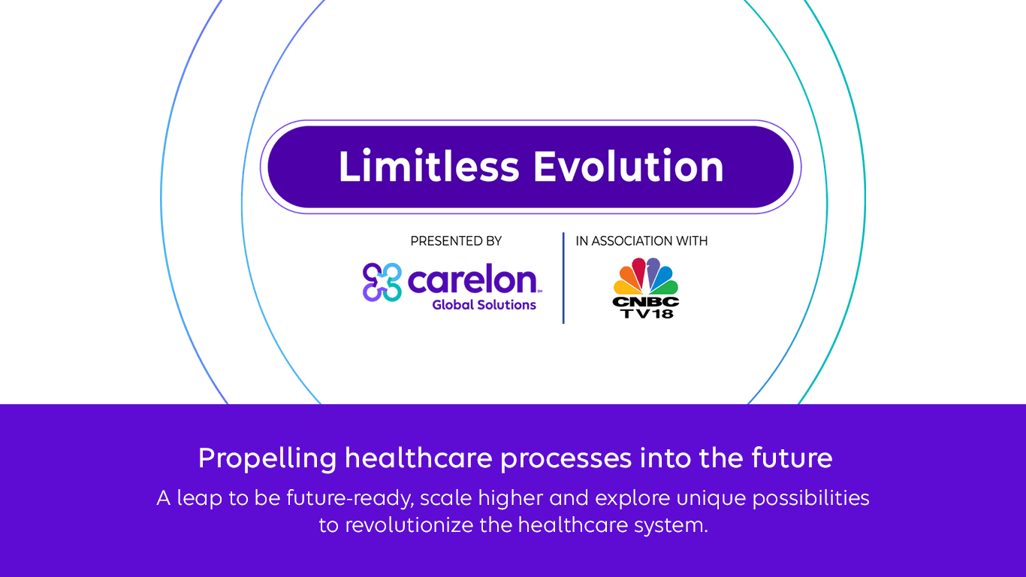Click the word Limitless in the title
coord(429,166)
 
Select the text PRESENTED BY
coord(456,241)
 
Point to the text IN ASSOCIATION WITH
coord(641,241)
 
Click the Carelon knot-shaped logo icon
coord(382,282)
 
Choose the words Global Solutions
coord(484,305)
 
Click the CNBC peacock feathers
coord(646,276)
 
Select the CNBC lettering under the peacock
coord(646,302)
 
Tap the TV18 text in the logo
coord(647,313)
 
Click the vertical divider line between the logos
coord(563,278)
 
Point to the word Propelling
coord(267,458)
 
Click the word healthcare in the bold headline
coord(418,458)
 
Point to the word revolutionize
coord(409,524)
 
